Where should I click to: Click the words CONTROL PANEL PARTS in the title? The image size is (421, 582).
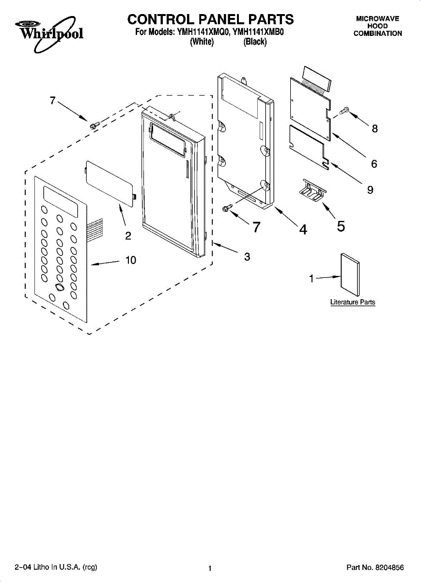tap(210, 19)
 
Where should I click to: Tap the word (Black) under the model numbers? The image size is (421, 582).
tap(255, 42)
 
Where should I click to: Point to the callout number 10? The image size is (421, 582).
tap(131, 260)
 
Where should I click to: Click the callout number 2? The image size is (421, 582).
tap(128, 236)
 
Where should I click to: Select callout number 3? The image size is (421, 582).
tap(247, 257)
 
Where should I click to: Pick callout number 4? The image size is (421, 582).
tap(303, 230)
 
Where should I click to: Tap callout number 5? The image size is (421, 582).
tap(341, 226)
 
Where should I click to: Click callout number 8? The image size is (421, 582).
tap(374, 129)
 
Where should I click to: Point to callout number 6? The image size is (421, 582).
tap(374, 164)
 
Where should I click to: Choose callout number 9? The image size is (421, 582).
tap(370, 190)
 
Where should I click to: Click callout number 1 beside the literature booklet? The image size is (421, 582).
tap(312, 278)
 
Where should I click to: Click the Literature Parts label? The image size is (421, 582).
tap(353, 302)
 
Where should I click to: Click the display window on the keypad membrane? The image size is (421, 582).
tap(61, 202)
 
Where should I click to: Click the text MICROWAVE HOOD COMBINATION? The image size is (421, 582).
tap(377, 26)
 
